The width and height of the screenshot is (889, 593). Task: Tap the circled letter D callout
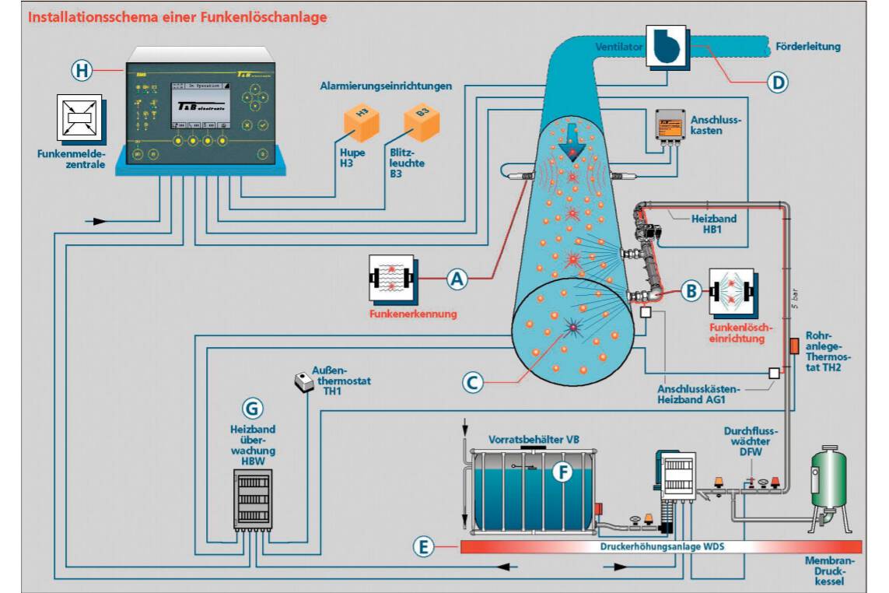coord(777,82)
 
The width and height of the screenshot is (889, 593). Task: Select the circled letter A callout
coord(458,279)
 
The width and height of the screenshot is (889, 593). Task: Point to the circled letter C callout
coord(474,382)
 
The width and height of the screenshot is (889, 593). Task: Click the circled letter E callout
coord(424,547)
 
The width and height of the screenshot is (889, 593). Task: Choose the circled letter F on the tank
coord(561,471)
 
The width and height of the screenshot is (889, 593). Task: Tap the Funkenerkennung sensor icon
coord(392,279)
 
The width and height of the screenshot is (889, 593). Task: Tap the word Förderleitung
coord(808,47)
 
